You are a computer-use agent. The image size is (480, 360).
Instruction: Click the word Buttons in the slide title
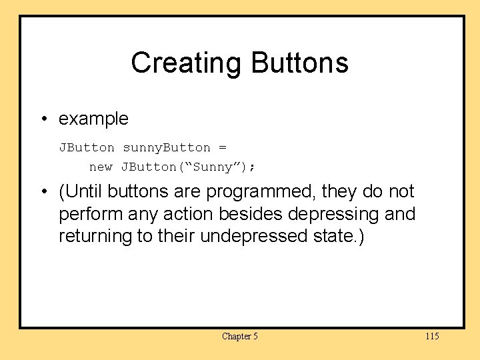tap(299, 63)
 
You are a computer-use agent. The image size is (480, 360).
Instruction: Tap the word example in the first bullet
tap(93, 119)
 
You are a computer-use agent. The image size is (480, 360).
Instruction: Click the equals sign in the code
tap(223, 147)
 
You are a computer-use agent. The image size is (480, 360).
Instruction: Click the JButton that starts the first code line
tap(87, 147)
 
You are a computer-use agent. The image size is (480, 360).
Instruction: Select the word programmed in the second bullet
tap(261, 192)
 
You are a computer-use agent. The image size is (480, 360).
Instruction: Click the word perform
tap(88, 215)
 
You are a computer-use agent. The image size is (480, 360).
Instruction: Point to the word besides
tap(259, 215)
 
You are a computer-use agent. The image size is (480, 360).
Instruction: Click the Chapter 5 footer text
tap(240, 336)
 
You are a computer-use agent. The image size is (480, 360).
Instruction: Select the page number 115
tap(432, 336)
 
